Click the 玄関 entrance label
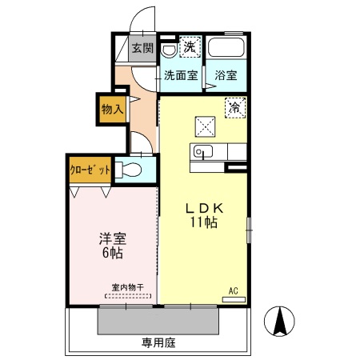tap(143, 48)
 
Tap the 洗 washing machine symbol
tap(189, 46)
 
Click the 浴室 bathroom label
tap(226, 76)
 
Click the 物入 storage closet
tap(112, 109)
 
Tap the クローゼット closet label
tap(89, 170)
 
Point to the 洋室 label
tap(111, 238)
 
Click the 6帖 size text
tap(111, 254)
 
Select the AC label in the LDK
tap(234, 290)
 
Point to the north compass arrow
tap(282, 322)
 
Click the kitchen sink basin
tap(201, 153)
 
